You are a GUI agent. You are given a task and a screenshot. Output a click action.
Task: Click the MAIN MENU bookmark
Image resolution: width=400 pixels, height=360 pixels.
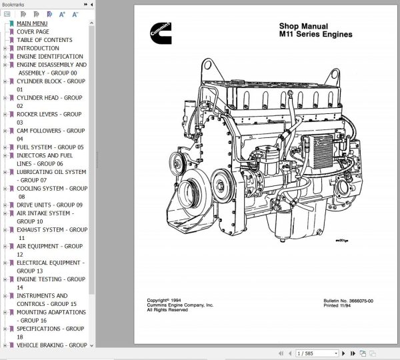click(x=32, y=23)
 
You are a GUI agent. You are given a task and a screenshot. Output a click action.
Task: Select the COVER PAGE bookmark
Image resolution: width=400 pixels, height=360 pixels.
click(x=33, y=31)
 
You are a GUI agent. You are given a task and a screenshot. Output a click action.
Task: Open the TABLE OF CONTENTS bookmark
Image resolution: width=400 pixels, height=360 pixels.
click(x=45, y=40)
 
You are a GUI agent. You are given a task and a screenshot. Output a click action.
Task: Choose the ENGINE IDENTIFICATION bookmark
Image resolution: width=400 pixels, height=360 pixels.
click(x=50, y=57)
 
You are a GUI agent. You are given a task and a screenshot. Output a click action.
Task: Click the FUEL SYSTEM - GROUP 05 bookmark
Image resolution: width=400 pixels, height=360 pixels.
click(x=50, y=147)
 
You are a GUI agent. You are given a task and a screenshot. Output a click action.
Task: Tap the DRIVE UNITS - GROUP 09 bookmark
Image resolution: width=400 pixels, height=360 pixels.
click(x=49, y=205)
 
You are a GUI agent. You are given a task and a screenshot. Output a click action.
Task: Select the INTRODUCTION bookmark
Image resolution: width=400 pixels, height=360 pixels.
click(x=38, y=48)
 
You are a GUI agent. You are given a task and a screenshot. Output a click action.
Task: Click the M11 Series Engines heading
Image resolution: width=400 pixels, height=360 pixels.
click(x=315, y=35)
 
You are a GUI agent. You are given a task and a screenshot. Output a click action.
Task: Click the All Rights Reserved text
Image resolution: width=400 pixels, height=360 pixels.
click(x=167, y=310)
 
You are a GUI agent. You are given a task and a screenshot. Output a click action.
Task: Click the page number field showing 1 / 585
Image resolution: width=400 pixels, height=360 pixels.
click(x=309, y=353)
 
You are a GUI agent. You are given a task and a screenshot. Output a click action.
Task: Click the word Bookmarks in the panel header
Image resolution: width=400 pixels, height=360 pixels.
click(x=13, y=3)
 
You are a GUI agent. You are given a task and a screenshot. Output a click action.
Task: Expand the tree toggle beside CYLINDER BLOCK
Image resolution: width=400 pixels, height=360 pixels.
click(x=5, y=81)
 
